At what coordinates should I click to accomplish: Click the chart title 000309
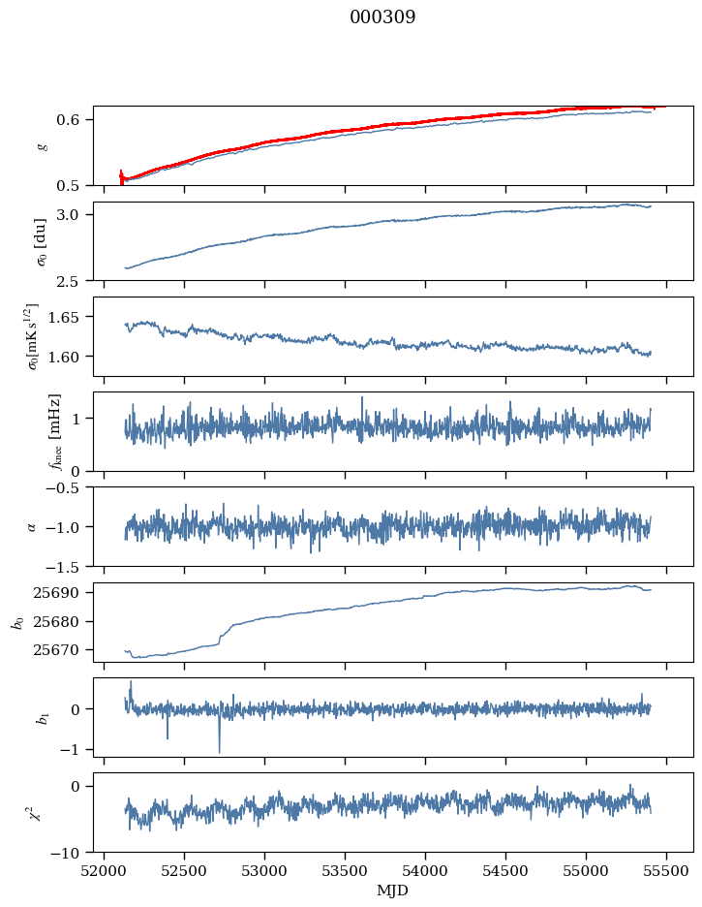[382, 17]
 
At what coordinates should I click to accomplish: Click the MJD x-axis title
[393, 891]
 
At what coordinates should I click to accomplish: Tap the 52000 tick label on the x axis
[105, 871]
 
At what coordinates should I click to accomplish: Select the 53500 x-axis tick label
[346, 871]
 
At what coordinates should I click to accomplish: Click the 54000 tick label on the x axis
[426, 871]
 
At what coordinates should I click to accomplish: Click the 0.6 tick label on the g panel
[75, 119]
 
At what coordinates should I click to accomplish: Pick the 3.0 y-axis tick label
[75, 214]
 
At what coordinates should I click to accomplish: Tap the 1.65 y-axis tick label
[71, 317]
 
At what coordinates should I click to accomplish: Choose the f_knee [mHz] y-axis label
[55, 431]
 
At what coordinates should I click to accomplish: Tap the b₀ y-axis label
[16, 622]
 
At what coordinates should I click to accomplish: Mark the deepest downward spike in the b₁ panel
[219, 752]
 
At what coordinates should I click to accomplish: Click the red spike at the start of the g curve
[121, 174]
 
